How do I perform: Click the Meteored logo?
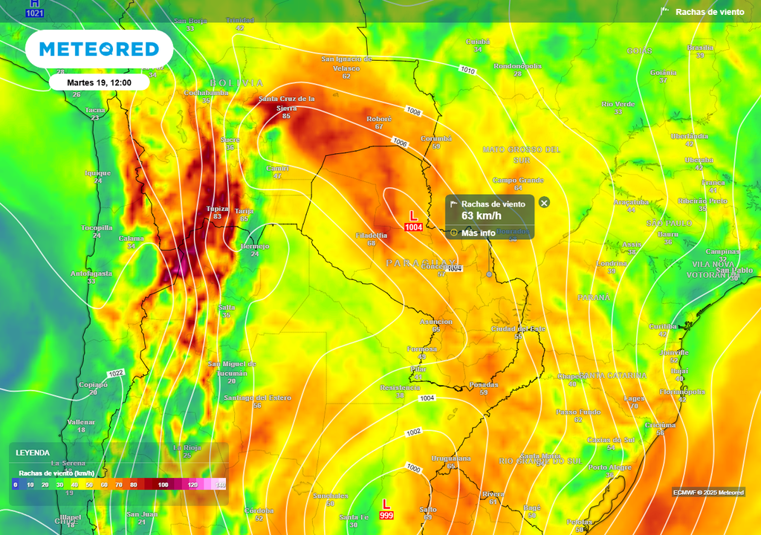[x=99, y=49]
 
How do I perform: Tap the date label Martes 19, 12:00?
[x=99, y=82]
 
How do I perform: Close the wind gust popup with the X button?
[x=544, y=203]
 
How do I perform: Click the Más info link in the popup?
[x=478, y=233]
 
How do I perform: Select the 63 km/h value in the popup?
[x=482, y=215]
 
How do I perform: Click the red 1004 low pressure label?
[x=413, y=227]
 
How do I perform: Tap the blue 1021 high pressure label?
[x=34, y=13]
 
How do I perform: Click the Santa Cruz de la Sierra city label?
[x=286, y=103]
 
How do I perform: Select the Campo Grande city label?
[x=518, y=180]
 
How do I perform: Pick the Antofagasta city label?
[x=91, y=273]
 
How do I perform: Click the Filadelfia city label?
[x=372, y=235]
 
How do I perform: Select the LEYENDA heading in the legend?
[x=33, y=453]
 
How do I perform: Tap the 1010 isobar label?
[x=467, y=71]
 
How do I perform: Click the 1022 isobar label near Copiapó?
[x=115, y=372]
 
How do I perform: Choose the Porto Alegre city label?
[x=609, y=467]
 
